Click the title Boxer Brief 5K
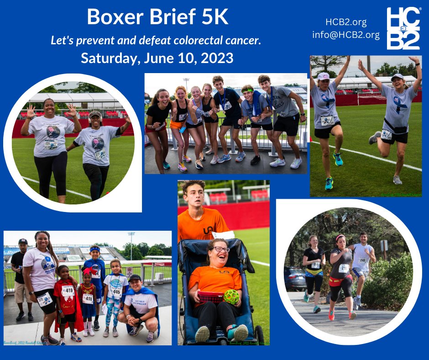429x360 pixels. pyautogui.click(x=157, y=17)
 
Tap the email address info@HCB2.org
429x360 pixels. pyautogui.click(x=346, y=35)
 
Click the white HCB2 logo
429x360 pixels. pyautogui.click(x=403, y=28)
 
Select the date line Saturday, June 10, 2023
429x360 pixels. pyautogui.click(x=157, y=58)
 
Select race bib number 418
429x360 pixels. pyautogui.click(x=87, y=298)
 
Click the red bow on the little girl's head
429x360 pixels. pyautogui.click(x=87, y=271)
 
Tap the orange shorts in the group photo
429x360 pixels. pyautogui.click(x=177, y=124)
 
